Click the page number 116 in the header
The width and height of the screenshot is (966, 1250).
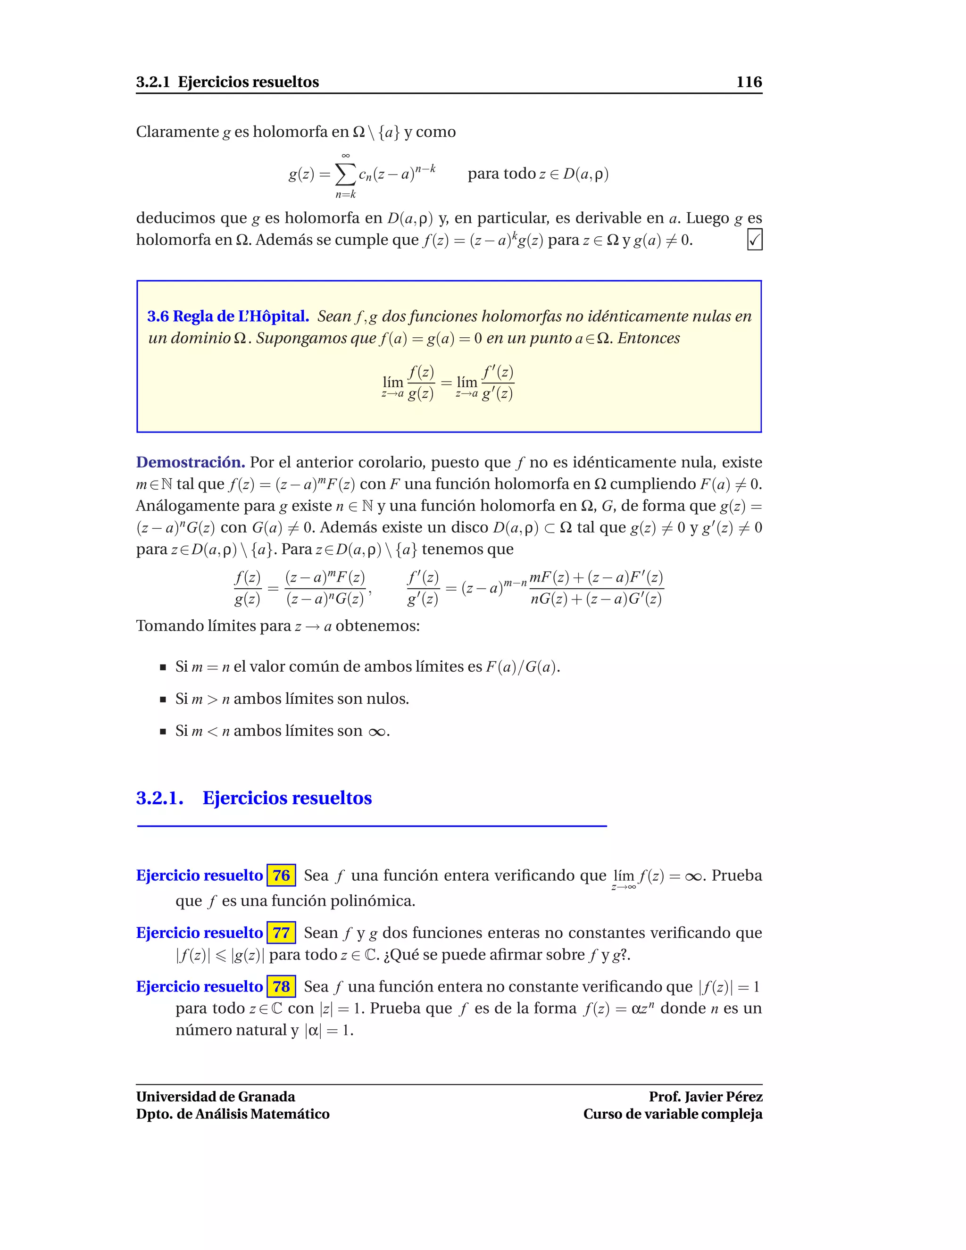coord(749,82)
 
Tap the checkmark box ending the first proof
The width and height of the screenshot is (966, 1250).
coord(754,240)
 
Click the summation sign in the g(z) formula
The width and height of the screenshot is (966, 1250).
coord(345,175)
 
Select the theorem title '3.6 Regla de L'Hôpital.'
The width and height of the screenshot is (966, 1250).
coord(228,316)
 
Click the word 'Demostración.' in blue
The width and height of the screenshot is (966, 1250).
coord(191,462)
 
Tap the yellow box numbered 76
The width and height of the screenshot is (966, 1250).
coord(281,875)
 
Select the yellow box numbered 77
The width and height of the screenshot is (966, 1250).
coord(281,933)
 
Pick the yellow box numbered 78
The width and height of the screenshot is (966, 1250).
coord(281,986)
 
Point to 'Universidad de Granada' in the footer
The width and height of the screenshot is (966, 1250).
coord(215,1097)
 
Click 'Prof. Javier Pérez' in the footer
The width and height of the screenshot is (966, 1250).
coord(705,1097)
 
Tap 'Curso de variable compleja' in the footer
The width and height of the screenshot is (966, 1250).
coord(673,1114)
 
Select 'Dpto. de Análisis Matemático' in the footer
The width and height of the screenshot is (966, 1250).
coord(233,1114)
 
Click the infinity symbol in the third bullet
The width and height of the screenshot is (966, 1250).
coord(376,732)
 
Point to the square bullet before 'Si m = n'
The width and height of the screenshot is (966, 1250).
coord(163,667)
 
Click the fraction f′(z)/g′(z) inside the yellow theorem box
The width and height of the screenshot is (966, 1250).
coord(497,383)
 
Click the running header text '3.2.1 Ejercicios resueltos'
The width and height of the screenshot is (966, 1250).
coord(227,82)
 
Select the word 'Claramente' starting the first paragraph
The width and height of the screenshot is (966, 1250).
coord(177,132)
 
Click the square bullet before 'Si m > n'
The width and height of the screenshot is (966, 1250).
coord(163,699)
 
